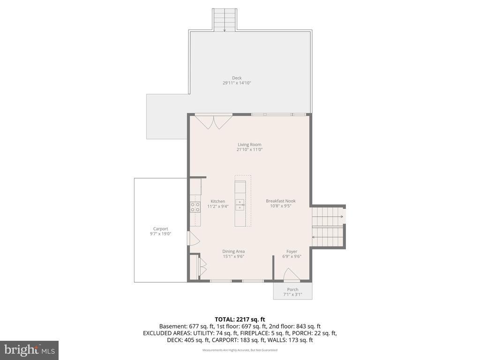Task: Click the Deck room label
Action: coord(237,78)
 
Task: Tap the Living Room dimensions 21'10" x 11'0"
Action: coord(249,150)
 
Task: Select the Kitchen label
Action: coord(217,201)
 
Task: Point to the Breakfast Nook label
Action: coord(280,201)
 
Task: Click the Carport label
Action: coord(160,229)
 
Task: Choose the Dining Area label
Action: coord(233,251)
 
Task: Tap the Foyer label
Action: coord(292,251)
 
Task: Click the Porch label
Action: coord(292,289)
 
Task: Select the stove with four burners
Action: coord(195,207)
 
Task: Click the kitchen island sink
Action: coord(240,204)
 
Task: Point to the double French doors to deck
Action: coord(214,121)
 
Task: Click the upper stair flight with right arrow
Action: coord(328,217)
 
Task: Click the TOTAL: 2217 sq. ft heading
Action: coord(240,319)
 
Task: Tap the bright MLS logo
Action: coord(29,350)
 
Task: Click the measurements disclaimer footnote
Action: coord(240,350)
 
